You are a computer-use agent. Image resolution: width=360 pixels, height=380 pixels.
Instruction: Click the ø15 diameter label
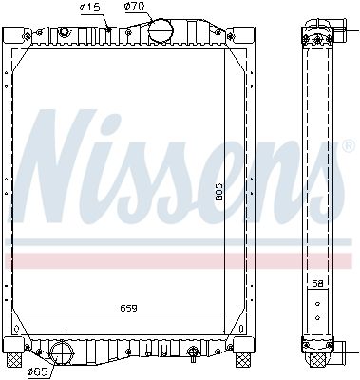point(90,8)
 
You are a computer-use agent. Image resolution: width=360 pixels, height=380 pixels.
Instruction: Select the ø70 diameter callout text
point(136,8)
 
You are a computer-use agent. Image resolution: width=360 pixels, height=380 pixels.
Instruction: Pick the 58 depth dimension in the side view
point(317,283)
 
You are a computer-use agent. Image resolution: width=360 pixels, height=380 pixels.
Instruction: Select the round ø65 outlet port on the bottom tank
point(63,353)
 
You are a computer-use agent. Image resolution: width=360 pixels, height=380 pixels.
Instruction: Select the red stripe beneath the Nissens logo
point(180,259)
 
